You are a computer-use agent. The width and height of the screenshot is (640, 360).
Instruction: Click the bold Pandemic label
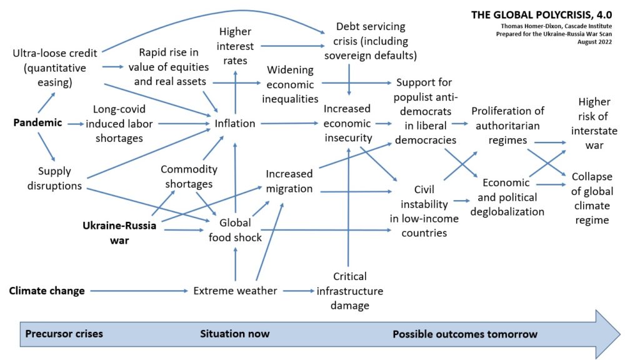pos(37,122)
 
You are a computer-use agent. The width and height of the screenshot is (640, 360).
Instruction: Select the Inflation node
pos(235,124)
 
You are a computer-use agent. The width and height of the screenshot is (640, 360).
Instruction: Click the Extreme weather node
pos(235,291)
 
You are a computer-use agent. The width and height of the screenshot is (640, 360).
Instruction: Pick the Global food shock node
pos(235,230)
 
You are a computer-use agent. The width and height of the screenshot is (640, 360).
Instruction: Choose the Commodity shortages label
pos(189,176)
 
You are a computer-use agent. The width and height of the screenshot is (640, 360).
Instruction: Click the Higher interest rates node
pos(235,46)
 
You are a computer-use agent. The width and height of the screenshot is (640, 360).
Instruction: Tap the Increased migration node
pos(289,181)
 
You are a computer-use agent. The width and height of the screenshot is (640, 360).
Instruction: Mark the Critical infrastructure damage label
pos(349,291)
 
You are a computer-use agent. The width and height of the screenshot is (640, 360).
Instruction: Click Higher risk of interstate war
pos(594,123)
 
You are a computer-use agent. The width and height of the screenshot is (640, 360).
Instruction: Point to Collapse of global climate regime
pos(591,198)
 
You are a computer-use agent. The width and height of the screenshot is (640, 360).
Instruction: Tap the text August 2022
pos(594,41)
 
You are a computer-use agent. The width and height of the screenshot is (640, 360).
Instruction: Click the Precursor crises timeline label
pos(64,334)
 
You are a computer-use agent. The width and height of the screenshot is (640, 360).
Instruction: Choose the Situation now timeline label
pos(234,334)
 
